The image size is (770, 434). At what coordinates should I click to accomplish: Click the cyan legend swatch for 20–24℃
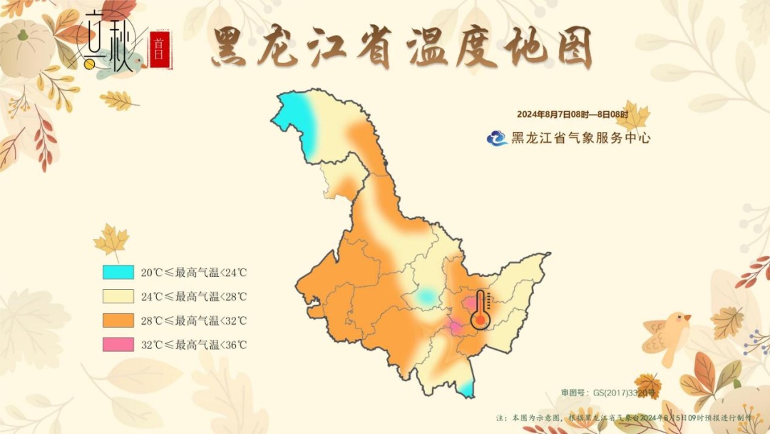tap(118, 272)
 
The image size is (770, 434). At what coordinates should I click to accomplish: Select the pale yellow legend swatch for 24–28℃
tap(118, 296)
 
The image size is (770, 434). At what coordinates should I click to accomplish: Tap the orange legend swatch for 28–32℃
tap(118, 321)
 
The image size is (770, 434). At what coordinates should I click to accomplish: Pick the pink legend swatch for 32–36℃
tap(118, 344)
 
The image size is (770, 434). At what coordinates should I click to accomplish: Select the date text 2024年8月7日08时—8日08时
tap(572, 115)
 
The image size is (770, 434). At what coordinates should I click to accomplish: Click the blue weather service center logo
tap(497, 138)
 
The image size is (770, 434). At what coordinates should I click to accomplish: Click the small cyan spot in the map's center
tap(426, 296)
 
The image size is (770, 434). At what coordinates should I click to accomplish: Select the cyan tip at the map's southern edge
tap(466, 389)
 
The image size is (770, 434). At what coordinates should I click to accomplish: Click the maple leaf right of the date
tap(633, 116)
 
